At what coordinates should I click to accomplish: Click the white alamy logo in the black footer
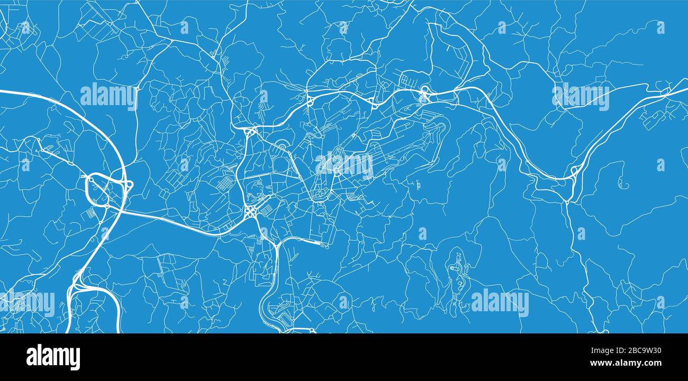(x=53, y=357)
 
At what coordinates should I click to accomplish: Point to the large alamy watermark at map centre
(x=345, y=165)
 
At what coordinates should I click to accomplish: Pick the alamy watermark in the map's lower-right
(x=500, y=303)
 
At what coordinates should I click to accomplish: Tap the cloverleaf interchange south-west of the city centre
(x=251, y=212)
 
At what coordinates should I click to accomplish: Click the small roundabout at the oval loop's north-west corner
(x=90, y=180)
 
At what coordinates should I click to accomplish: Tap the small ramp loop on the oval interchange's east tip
(x=129, y=184)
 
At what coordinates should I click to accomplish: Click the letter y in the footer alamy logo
(x=76, y=359)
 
